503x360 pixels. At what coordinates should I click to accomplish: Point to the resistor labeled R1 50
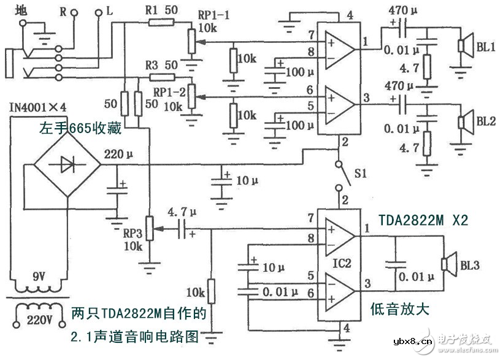(159, 23)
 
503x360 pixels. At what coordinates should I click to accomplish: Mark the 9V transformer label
(38, 277)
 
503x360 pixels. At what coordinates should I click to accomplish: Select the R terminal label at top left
(63, 10)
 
